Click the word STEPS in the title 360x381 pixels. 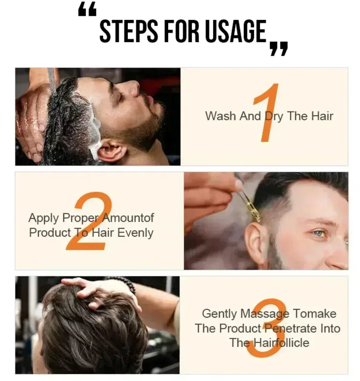pos(129,31)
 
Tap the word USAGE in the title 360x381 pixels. pos(236,31)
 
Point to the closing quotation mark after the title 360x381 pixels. pos(279,49)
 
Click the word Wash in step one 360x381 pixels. pos(221,116)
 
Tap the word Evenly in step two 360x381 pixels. pos(136,233)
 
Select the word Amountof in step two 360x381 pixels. pos(128,218)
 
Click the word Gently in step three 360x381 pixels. pos(219,314)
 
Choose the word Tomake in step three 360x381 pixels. pos(315,313)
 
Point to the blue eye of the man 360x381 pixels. pos(319,233)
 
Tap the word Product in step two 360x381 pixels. pos(50,233)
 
